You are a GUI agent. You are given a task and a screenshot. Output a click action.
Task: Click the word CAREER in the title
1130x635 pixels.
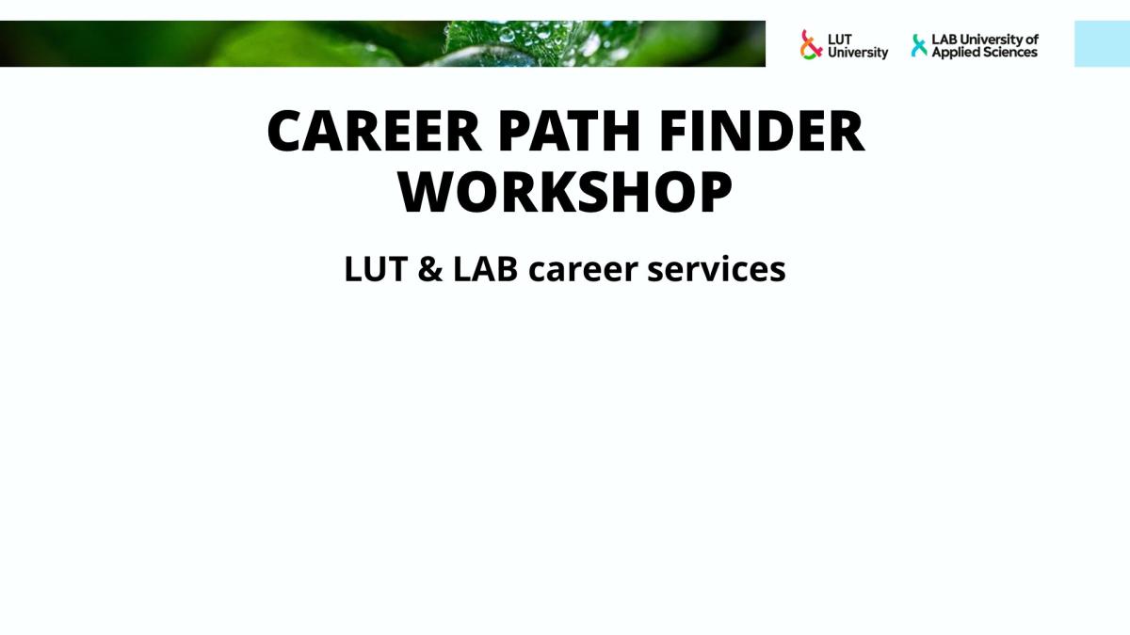tap(375, 131)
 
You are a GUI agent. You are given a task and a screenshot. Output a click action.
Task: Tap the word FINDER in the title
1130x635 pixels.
tap(762, 131)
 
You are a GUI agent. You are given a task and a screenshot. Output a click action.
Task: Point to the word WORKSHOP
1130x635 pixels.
tap(565, 192)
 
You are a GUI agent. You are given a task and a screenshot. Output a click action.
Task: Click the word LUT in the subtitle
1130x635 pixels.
tap(376, 269)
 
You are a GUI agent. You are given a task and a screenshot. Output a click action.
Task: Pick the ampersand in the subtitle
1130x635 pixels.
tap(430, 269)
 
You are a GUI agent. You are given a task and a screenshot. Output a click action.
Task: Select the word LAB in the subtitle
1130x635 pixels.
tap(485, 269)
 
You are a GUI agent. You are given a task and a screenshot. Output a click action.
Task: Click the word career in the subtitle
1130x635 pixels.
tap(583, 271)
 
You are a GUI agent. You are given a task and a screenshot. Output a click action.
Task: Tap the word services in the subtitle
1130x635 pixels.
tap(717, 270)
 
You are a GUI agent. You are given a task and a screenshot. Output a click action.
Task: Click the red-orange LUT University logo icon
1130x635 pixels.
tap(810, 45)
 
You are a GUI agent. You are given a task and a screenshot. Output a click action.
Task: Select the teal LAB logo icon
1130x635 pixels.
tap(919, 45)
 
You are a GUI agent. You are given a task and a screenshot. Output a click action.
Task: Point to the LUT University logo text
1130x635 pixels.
tap(858, 46)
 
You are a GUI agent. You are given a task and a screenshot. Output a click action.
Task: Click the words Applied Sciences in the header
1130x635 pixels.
tap(984, 53)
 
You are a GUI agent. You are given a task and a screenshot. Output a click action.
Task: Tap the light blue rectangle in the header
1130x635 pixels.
tap(1103, 44)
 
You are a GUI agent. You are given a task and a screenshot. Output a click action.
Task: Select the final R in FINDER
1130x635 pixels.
tap(847, 131)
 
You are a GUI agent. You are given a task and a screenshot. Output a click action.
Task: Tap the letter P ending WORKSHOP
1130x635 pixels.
tap(716, 192)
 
